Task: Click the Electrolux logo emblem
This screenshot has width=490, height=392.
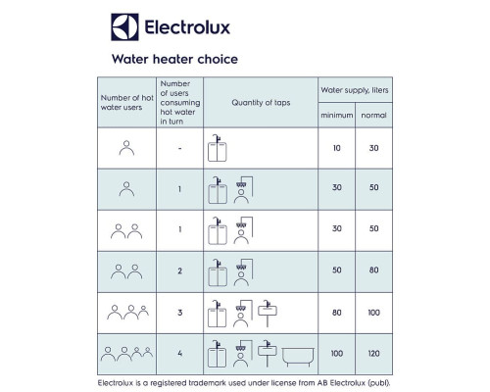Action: click(x=124, y=27)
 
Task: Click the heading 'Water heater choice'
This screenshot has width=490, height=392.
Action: click(x=174, y=59)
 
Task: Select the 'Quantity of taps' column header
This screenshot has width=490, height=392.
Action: click(x=261, y=103)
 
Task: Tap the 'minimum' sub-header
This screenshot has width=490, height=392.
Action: click(x=337, y=115)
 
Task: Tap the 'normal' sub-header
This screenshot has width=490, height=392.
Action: click(x=373, y=115)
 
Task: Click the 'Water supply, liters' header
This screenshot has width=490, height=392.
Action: click(x=355, y=90)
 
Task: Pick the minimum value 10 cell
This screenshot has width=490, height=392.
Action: click(x=337, y=148)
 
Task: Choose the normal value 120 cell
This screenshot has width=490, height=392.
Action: click(x=373, y=354)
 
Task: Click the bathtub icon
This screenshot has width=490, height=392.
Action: click(x=298, y=357)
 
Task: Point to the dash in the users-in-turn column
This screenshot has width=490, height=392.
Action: click(x=180, y=148)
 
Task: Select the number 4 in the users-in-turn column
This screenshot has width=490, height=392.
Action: click(x=180, y=354)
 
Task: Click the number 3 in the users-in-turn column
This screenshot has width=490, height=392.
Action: click(x=180, y=313)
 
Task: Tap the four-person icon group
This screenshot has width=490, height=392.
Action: click(x=126, y=354)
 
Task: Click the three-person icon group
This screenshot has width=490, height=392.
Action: click(x=127, y=313)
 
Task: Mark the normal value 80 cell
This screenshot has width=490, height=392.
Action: click(x=373, y=270)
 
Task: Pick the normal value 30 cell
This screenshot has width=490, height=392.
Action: click(x=373, y=148)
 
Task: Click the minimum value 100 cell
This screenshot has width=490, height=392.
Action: click(x=337, y=354)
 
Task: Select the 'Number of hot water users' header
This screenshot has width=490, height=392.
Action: click(x=127, y=103)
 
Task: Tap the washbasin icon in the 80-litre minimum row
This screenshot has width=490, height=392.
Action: click(x=268, y=313)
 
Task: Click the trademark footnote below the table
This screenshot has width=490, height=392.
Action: click(x=244, y=383)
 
